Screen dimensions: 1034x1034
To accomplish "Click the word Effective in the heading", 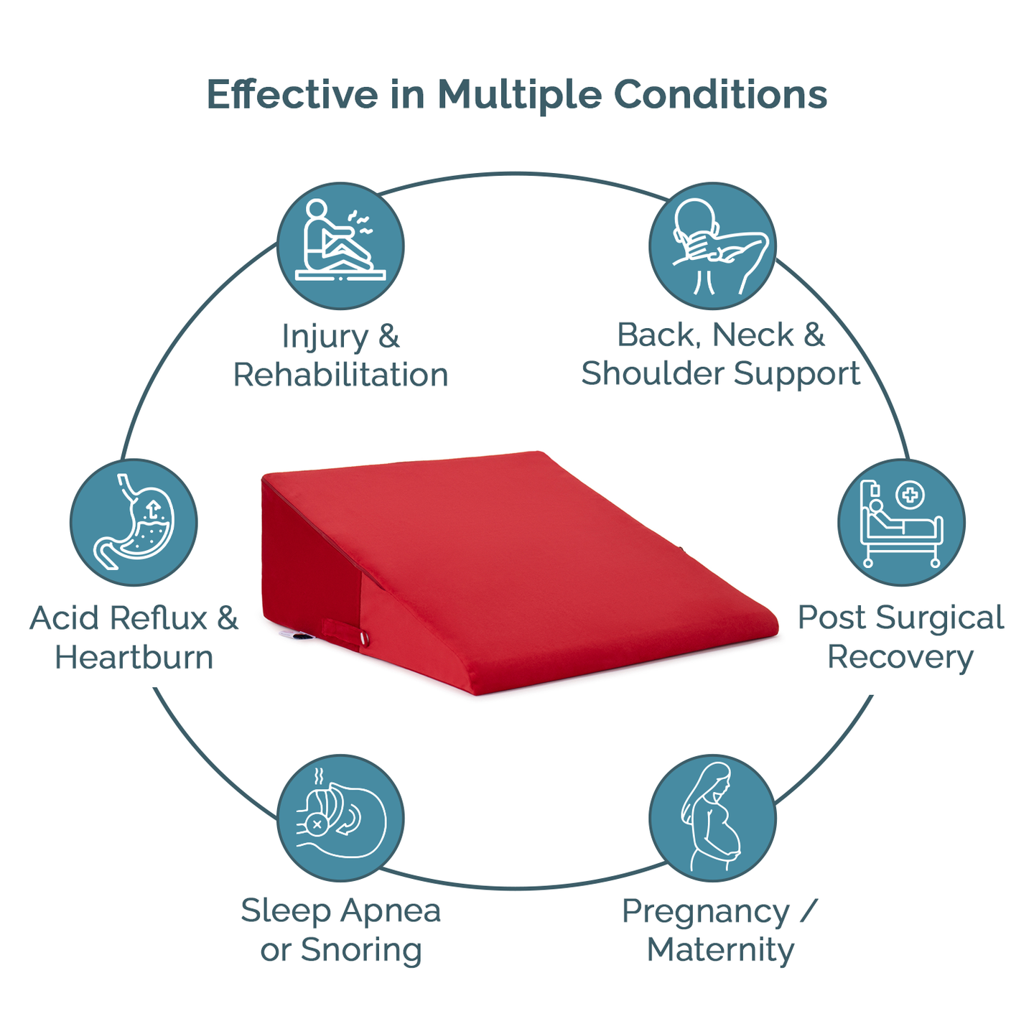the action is (292, 95).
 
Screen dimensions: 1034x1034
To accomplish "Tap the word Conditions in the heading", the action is (720, 95).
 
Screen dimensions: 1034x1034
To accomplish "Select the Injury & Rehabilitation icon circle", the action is (340, 246).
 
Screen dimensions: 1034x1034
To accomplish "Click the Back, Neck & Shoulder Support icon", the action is (712, 246).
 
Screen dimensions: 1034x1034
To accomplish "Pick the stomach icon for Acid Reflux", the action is (134, 522).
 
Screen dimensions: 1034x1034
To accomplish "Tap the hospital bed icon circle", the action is (901, 522).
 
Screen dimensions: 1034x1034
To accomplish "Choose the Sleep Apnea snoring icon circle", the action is (340, 818).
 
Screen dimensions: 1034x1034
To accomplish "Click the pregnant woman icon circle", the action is (712, 818).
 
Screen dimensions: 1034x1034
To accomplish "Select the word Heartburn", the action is (134, 657).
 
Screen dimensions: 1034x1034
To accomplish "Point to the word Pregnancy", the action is (705, 911).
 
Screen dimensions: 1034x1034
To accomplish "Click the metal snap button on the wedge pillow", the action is (364, 638).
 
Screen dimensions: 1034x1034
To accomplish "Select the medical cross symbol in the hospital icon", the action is (910, 494).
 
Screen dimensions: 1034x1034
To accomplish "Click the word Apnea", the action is (391, 911).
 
